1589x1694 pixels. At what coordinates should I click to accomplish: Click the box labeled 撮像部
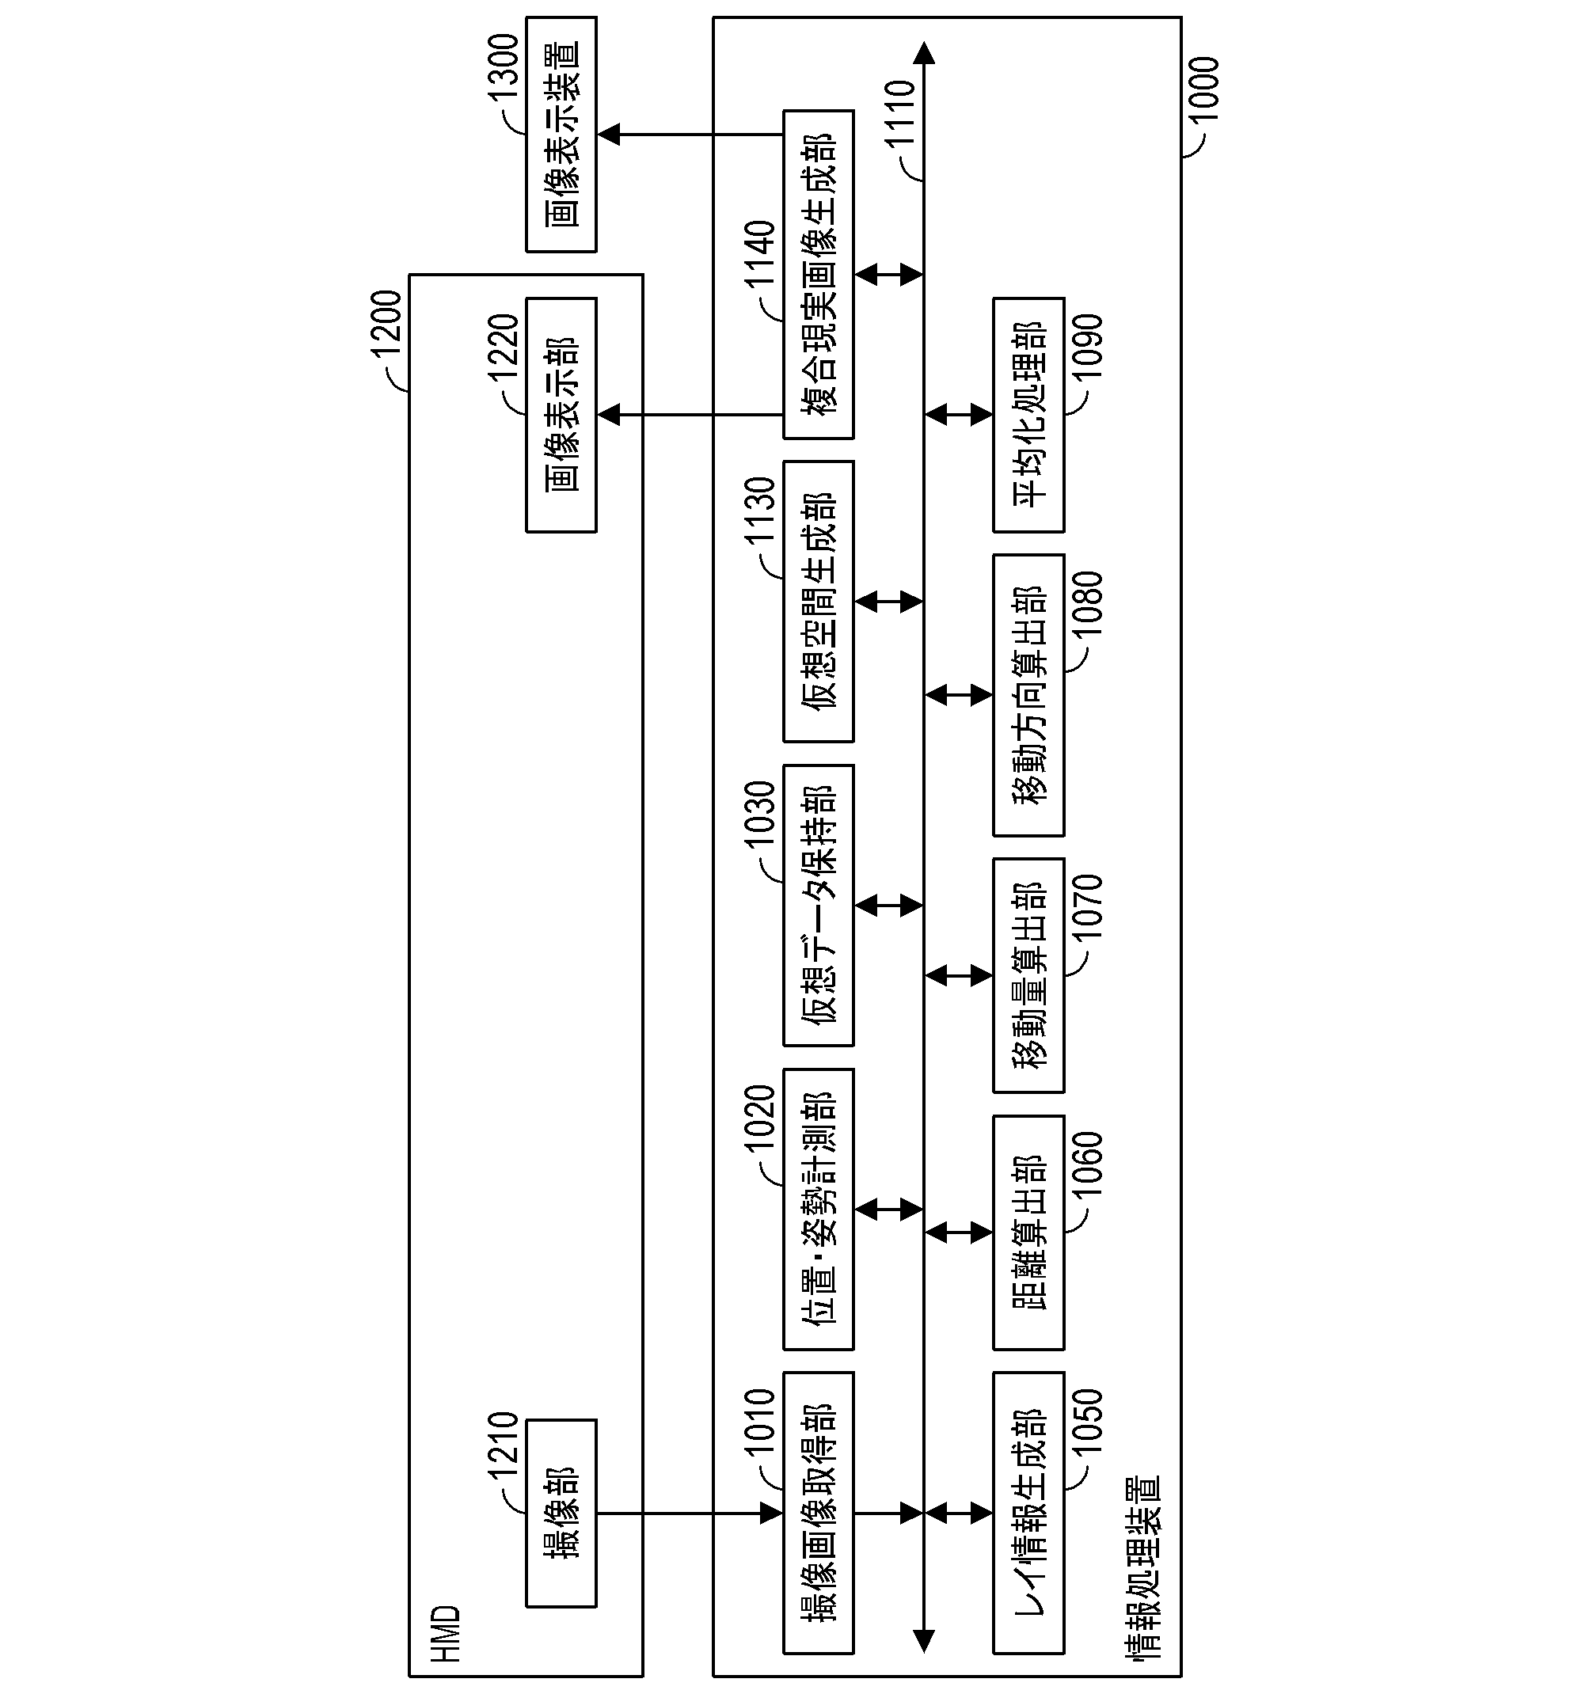tap(561, 1513)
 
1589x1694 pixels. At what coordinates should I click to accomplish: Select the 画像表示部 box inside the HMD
tap(561, 415)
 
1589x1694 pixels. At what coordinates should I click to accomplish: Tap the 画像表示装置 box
tap(561, 135)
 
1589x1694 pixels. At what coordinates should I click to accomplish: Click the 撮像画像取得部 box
tap(819, 1513)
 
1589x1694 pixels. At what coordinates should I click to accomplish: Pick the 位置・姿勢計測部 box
tap(819, 1209)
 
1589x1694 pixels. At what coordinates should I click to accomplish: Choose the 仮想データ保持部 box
tap(819, 905)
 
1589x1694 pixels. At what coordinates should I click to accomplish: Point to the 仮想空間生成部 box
tap(819, 602)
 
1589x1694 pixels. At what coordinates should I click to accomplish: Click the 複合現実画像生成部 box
tap(819, 275)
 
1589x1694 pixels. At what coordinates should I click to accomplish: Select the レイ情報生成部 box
tap(1028, 1513)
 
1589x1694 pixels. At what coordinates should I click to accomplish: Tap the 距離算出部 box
tap(1028, 1233)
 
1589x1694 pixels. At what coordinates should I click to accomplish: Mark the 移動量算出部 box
tap(1028, 974)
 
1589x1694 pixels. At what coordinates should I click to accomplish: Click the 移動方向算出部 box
tap(1028, 695)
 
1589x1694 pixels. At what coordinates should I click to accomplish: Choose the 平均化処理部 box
tap(1028, 415)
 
